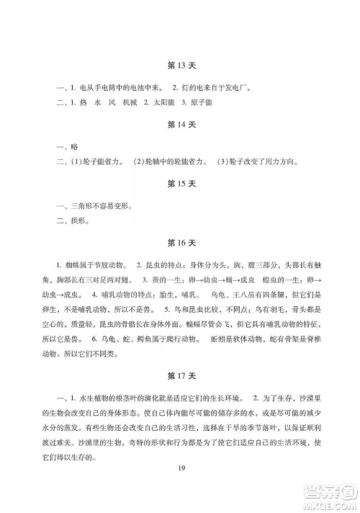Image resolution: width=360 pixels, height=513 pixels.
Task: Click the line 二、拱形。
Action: [71, 223]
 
